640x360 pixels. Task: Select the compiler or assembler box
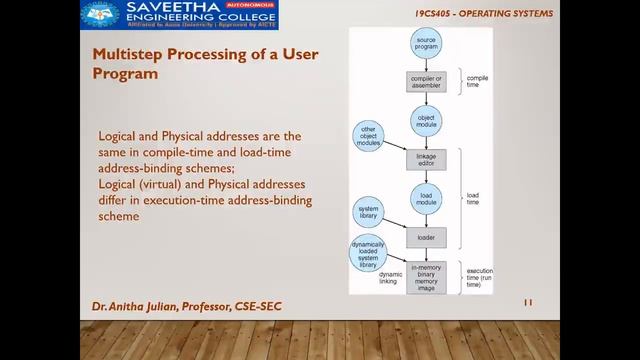(425, 82)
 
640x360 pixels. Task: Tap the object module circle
(425, 121)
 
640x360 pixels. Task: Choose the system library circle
(368, 215)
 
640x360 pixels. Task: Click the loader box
(425, 238)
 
